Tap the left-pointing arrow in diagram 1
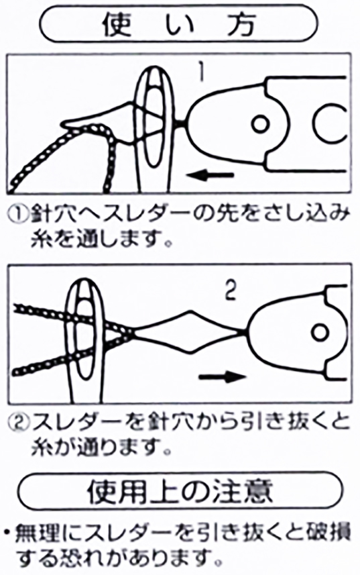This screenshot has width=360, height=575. pos(210,176)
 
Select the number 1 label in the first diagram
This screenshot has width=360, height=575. pos(200,73)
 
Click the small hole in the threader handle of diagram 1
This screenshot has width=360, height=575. pos(260,125)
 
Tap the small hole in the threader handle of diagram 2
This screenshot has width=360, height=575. pos(320,332)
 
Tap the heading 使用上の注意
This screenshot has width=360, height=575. pos(180,490)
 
